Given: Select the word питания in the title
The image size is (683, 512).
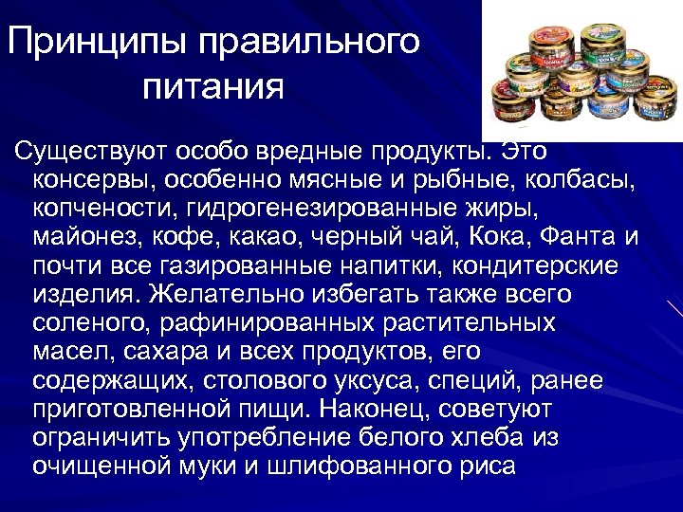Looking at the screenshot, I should [213, 87].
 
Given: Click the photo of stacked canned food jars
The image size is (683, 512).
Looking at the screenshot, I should [581, 71].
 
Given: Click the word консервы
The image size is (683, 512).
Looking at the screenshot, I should [89, 178].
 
